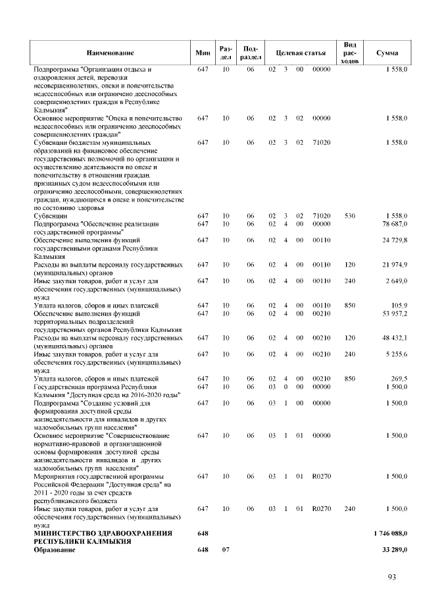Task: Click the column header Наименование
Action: (x=110, y=52)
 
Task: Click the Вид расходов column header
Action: (x=350, y=52)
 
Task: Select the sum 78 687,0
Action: (x=395, y=224)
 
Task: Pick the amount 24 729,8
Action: (x=395, y=240)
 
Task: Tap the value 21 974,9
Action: (x=395, y=265)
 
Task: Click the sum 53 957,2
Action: (x=395, y=313)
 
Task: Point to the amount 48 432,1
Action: (x=395, y=338)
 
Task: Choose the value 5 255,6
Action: (x=395, y=354)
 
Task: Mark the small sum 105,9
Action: (x=399, y=306)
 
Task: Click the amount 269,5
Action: (x=399, y=379)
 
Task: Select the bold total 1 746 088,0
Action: (x=390, y=532)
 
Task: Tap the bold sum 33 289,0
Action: (x=394, y=549)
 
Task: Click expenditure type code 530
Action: (x=350, y=216)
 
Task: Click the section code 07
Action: (x=225, y=549)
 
